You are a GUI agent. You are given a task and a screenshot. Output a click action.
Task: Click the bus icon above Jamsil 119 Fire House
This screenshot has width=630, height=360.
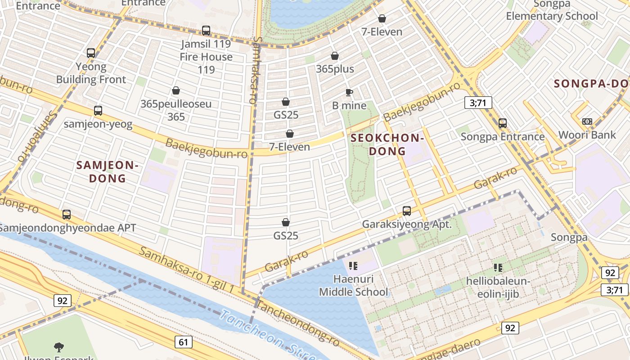[x=206, y=31]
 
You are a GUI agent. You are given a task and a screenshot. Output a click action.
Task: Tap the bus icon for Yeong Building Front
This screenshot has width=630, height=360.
[x=91, y=53]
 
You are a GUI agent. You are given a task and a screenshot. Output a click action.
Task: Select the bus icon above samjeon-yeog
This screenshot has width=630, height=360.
[x=98, y=111]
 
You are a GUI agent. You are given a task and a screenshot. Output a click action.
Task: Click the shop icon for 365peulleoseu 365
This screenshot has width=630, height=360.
[x=176, y=90]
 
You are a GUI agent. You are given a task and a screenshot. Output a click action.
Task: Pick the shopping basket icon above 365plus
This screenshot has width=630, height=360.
[x=335, y=56]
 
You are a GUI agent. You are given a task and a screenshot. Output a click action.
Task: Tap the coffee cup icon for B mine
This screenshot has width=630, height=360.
[x=349, y=93]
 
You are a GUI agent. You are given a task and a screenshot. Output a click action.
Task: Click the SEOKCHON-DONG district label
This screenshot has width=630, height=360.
[x=387, y=144]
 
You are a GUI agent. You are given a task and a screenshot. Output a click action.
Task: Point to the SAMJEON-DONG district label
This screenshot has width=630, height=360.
[x=107, y=171]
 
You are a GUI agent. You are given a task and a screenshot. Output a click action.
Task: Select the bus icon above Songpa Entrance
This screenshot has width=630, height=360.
[x=503, y=123]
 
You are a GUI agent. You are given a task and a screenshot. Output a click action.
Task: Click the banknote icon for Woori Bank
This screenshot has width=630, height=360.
[x=587, y=121]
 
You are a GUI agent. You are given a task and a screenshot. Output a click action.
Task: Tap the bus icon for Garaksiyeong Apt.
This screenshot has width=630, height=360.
[x=407, y=211]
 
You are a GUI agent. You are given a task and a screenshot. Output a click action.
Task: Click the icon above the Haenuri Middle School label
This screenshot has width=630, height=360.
[x=353, y=266]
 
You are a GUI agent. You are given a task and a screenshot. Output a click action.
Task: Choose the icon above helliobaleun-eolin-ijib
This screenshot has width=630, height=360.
[x=498, y=268]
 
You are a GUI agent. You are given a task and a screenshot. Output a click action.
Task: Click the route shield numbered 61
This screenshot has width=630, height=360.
[x=183, y=342]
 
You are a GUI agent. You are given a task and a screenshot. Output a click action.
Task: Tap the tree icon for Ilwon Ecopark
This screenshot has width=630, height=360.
[x=58, y=347]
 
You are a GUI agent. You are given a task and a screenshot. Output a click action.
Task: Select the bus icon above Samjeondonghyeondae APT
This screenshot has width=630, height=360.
[x=67, y=215]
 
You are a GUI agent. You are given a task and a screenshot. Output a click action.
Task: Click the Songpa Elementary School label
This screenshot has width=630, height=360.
[x=552, y=10]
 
